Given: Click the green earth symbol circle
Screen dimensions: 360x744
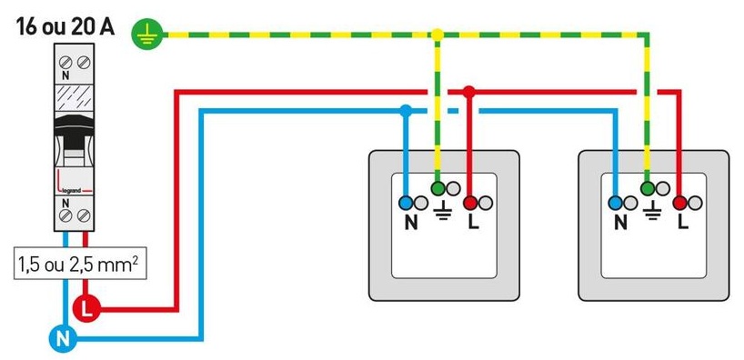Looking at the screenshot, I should click(144, 35).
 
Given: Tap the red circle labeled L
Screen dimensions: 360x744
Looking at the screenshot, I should click(86, 307).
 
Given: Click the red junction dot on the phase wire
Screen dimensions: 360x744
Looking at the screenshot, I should click(468, 92).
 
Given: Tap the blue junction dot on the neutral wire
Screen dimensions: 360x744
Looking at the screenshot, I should click(406, 111).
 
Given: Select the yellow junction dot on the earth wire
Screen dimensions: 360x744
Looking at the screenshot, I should click(437, 35).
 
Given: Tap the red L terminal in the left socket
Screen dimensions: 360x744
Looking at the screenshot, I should click(470, 203).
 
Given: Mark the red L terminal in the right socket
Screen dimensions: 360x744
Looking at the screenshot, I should click(680, 203).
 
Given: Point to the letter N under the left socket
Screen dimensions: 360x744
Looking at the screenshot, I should click(410, 221).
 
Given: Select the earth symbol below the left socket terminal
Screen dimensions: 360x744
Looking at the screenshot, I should click(440, 215).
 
